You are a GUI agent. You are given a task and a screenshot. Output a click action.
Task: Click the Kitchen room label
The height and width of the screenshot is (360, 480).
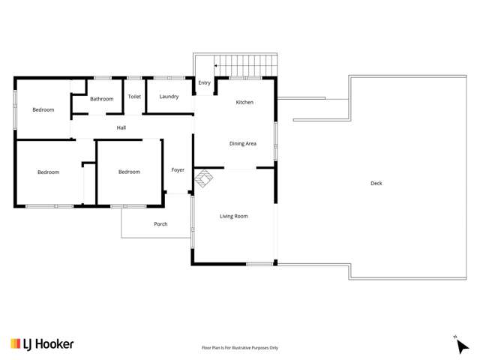[x=244, y=102]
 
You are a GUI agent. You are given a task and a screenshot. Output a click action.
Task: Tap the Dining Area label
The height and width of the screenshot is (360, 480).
[x=243, y=143]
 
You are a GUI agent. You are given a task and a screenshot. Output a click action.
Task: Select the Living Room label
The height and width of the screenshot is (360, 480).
[x=233, y=216]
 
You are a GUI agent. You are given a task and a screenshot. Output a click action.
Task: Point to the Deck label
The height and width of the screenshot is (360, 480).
[x=376, y=183]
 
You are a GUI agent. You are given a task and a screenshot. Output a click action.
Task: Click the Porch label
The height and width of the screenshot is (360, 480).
[x=160, y=223]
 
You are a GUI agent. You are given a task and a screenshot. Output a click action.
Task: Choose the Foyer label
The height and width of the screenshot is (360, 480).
[x=178, y=170]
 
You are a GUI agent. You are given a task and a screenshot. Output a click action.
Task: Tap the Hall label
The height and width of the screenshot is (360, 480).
[x=121, y=127]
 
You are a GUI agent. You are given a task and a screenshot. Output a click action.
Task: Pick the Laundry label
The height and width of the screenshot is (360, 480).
[x=169, y=97]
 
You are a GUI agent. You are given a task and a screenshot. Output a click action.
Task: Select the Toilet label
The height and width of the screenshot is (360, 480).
[x=134, y=97]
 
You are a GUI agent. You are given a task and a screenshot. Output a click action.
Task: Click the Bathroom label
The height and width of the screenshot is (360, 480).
[x=101, y=99]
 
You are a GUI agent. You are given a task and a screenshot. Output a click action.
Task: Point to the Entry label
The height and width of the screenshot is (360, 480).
[x=205, y=83]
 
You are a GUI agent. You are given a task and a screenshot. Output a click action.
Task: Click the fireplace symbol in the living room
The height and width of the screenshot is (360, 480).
[x=204, y=178]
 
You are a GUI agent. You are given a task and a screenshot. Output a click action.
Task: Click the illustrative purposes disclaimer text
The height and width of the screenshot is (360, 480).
[x=240, y=347]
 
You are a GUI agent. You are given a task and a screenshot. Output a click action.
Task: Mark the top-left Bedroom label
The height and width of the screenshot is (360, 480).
[x=43, y=110]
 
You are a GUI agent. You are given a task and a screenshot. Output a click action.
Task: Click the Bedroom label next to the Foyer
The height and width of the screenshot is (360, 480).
[x=129, y=172]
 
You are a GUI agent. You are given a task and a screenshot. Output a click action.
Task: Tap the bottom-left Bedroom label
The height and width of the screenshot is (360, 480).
[x=48, y=172]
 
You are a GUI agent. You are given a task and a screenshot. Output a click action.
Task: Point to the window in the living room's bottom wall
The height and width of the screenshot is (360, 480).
[x=259, y=263]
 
